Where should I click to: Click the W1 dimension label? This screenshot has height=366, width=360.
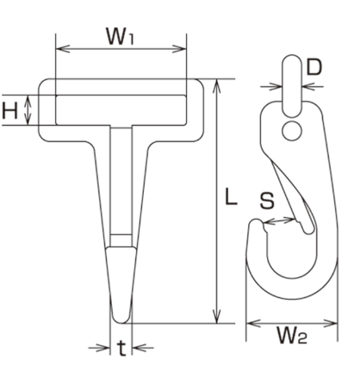pos(120,36)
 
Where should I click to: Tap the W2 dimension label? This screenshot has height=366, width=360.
pos(292,335)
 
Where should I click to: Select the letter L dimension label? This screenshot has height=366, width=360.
pos(231,196)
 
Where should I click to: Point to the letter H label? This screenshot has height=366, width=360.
pos(9,111)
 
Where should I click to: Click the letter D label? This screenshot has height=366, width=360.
pos(314,67)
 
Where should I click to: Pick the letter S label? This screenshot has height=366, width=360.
pos(267,201)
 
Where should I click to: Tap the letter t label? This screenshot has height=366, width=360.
pos(121,348)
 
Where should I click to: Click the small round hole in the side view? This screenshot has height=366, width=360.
pos(292,131)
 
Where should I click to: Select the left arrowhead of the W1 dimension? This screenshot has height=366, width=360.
pos(63,49)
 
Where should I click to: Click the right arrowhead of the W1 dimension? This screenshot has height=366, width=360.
pos(179,49)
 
